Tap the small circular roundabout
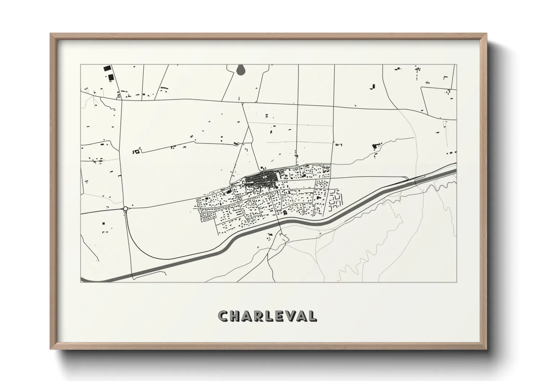point(125,209)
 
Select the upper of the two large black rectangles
point(106,68)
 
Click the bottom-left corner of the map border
point(81,282)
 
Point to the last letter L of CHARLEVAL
point(313,316)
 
